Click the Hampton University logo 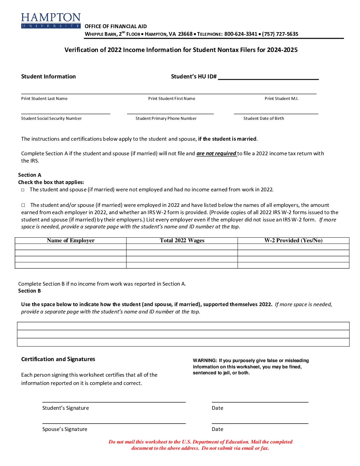[51, 21]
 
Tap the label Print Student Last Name [44, 99]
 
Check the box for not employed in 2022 [23, 190]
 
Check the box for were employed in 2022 [23, 205]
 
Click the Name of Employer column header [70, 241]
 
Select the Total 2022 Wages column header [182, 241]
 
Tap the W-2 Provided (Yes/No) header [293, 241]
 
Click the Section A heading [30, 175]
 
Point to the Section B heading [29, 291]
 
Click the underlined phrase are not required [216, 154]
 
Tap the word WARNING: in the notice [205, 361]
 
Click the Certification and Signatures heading [58, 359]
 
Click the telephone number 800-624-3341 [241, 34]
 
